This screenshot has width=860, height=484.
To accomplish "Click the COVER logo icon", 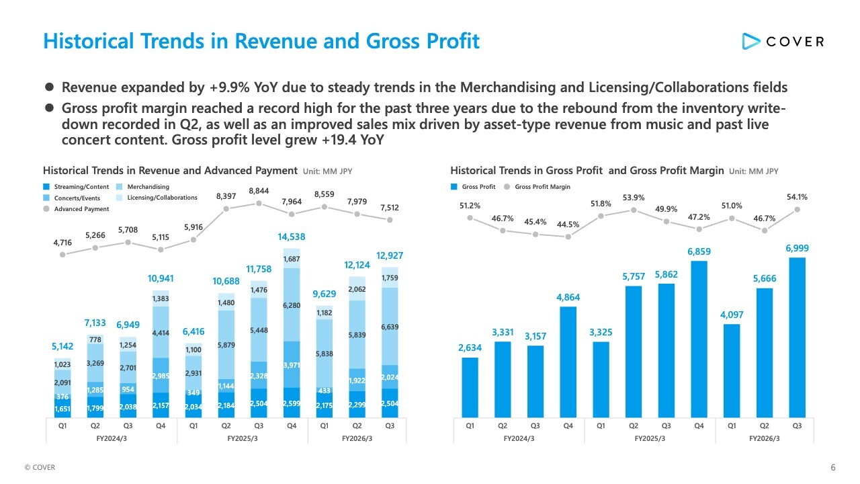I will [750, 41].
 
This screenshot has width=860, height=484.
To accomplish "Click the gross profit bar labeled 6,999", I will [797, 336].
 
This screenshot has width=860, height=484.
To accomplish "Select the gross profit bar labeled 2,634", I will [470, 387].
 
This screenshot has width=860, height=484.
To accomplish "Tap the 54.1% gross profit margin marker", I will [797, 209].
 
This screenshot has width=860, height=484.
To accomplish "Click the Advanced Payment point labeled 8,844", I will [259, 203].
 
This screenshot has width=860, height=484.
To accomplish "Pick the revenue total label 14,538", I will [292, 237].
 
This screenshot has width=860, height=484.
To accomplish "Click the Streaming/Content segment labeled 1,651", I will [62, 407].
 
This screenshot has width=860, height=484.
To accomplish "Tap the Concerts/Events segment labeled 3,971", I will [292, 364].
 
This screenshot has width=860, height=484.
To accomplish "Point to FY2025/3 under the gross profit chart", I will [650, 438].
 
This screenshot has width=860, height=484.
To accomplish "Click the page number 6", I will [833, 468].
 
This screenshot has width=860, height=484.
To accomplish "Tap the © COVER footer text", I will [40, 468].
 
